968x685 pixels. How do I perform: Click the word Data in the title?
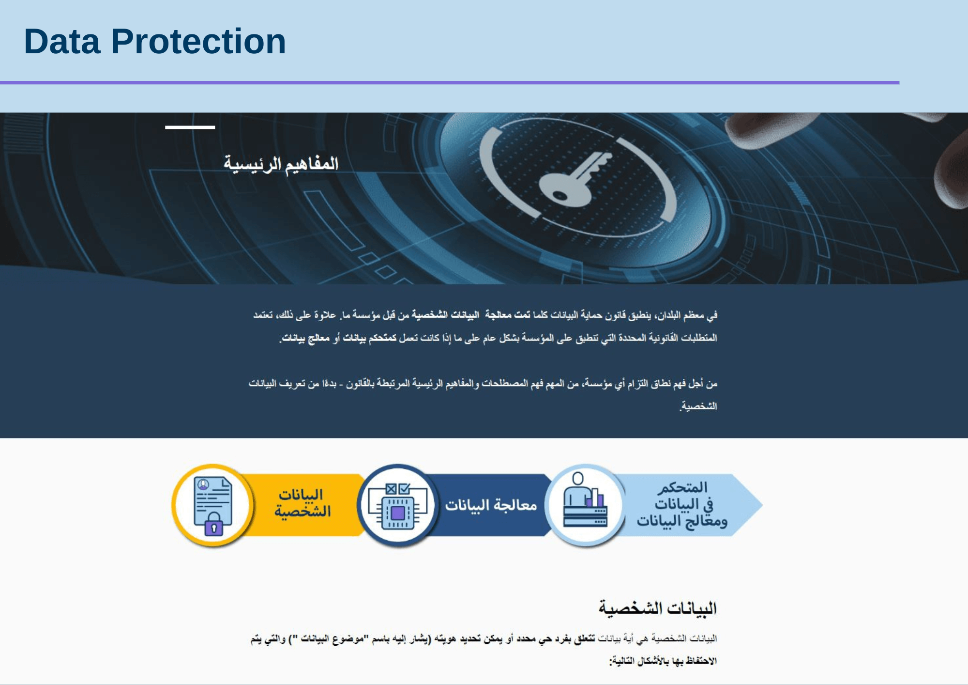62,42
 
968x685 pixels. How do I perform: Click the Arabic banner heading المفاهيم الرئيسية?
281,164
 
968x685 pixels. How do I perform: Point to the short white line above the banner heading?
190,127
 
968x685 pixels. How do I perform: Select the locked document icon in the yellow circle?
213,505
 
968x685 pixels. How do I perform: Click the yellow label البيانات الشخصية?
302,503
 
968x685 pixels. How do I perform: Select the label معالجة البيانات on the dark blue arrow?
491,505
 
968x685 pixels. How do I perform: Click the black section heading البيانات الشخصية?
657,608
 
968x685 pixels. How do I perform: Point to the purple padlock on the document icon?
213,527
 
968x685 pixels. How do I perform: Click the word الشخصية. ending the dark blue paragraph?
698,406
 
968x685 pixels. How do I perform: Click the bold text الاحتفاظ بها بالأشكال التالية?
663,661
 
